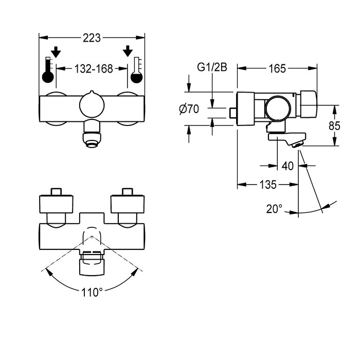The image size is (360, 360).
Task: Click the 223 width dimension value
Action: click(x=92, y=38)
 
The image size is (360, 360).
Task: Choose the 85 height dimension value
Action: click(x=335, y=125)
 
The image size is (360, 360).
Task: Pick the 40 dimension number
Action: click(x=287, y=166)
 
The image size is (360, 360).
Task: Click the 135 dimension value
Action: click(x=267, y=184)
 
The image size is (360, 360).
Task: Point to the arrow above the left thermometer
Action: click(x=56, y=51)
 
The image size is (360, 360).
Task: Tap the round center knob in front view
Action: click(x=92, y=106)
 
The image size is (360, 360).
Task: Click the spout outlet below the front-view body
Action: click(x=92, y=139)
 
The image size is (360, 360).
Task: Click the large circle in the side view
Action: click(x=278, y=109)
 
